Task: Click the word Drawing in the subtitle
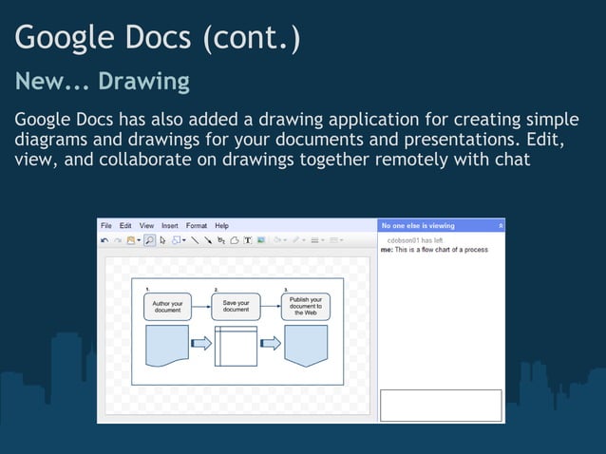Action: coord(144,82)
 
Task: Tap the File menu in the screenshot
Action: coord(106,226)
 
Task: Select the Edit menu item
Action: coord(125,226)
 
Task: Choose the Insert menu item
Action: coord(170,226)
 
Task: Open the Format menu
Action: coord(197,226)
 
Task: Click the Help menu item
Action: coord(222,226)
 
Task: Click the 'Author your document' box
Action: coord(168,307)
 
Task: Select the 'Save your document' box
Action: coord(236,306)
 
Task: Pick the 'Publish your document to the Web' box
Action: coord(305,306)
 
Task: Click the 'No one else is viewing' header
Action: coord(418,226)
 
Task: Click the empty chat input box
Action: coord(441,405)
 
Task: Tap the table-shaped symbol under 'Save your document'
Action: coord(236,346)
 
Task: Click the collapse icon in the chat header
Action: coord(501,226)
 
